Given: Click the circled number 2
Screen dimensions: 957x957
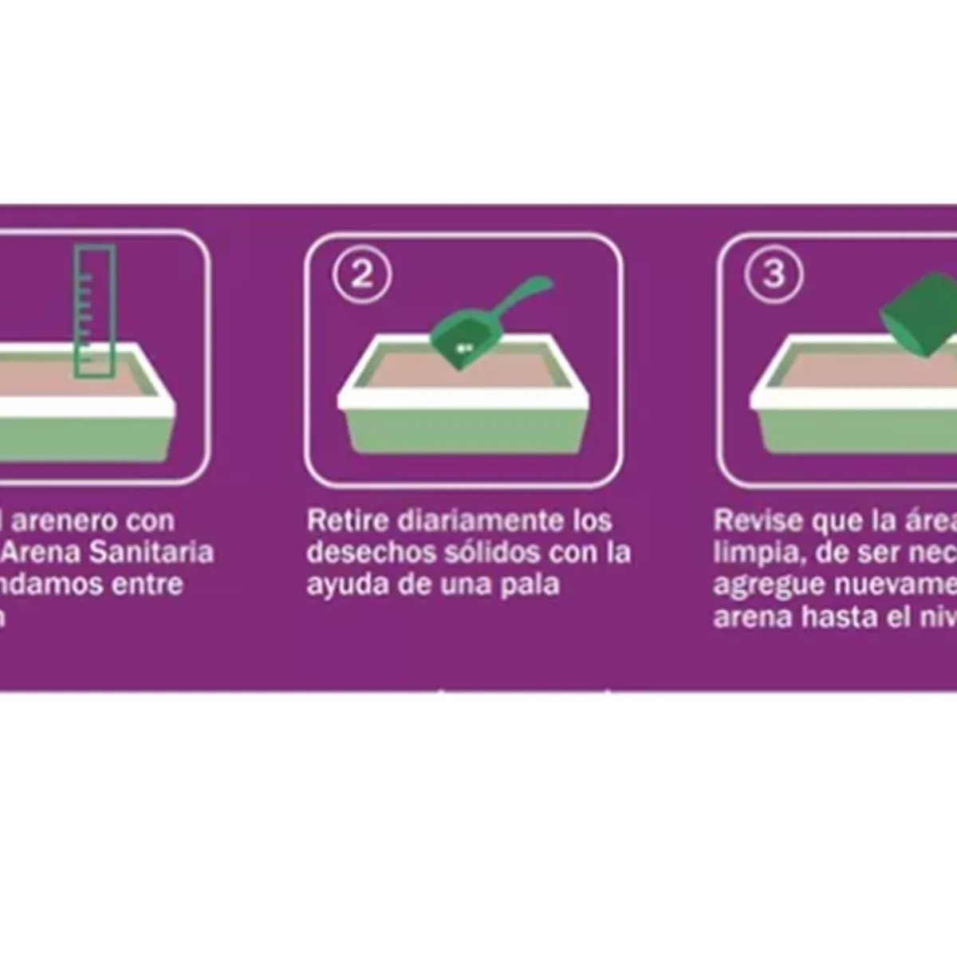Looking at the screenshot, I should tap(362, 275).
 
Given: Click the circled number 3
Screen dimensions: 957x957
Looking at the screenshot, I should tap(773, 275).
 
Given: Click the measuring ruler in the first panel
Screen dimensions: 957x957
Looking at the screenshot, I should tap(95, 311).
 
